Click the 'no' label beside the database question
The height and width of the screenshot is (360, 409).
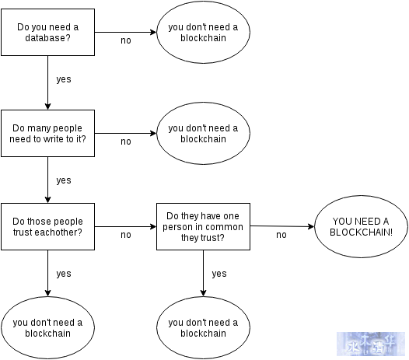point(126,40)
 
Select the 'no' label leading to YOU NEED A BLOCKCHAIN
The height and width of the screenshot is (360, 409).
point(281,235)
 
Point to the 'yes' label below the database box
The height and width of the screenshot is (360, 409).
point(64,79)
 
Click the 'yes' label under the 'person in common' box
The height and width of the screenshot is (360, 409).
point(219,274)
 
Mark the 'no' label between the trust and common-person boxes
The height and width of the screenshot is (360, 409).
point(126,235)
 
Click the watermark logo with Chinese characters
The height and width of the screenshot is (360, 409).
point(371,344)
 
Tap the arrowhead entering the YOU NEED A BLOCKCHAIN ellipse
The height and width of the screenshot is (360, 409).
point(312,226)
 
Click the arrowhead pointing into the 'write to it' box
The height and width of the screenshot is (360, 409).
point(47,107)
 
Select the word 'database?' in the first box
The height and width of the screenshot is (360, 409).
point(47,38)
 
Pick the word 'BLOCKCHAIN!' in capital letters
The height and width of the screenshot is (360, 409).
point(361,232)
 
